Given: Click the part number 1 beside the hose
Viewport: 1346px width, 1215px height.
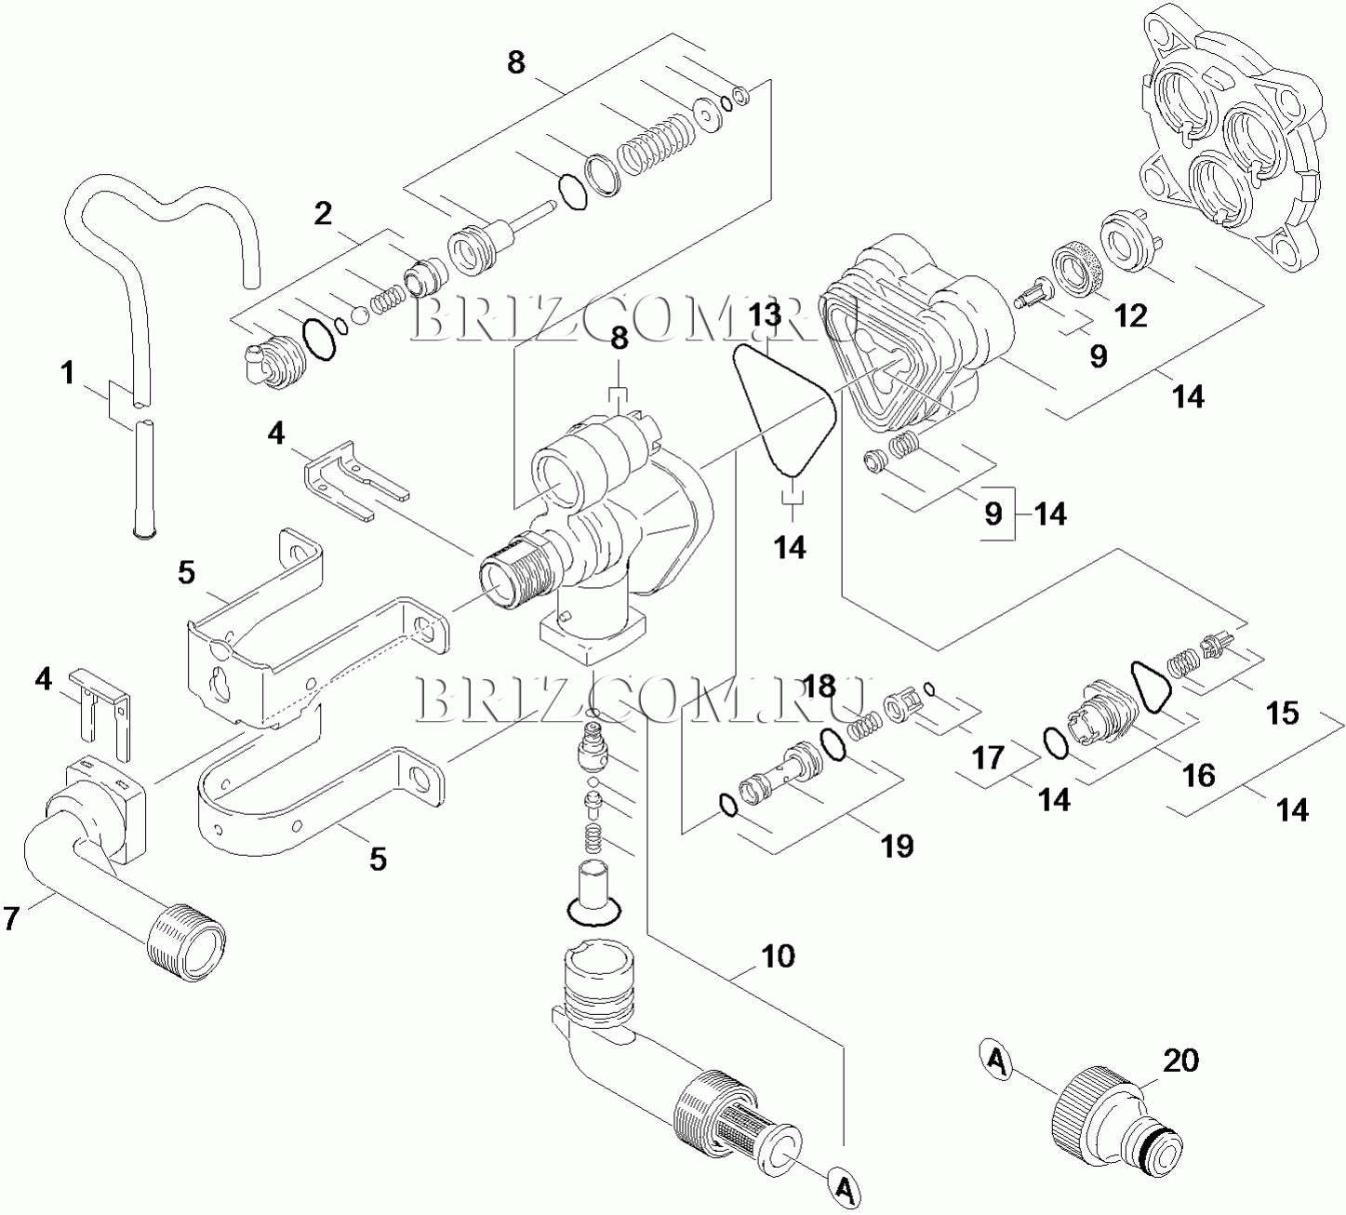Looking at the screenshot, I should click(x=68, y=374).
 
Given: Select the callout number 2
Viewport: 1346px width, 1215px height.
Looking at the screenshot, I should click(x=323, y=214).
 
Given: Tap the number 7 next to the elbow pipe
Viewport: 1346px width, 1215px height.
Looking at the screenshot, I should click(x=11, y=919).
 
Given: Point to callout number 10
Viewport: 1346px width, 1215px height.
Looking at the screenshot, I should click(x=778, y=956).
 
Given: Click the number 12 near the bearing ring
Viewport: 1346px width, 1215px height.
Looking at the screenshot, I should click(x=1130, y=316).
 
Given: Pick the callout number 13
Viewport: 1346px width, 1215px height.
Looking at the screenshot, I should click(x=766, y=315).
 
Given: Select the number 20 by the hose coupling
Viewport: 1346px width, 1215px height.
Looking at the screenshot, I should click(x=1180, y=1061).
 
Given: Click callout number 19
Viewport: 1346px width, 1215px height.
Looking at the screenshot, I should click(x=897, y=847).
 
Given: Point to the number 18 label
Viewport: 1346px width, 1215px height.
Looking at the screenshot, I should click(x=820, y=687).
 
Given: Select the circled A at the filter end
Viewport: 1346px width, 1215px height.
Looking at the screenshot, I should click(x=844, y=1188).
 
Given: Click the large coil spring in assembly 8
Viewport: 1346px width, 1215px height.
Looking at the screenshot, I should click(x=657, y=144).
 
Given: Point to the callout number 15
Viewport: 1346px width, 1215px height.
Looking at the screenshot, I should click(x=1283, y=714).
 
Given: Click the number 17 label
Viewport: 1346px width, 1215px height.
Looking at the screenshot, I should click(x=988, y=757).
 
